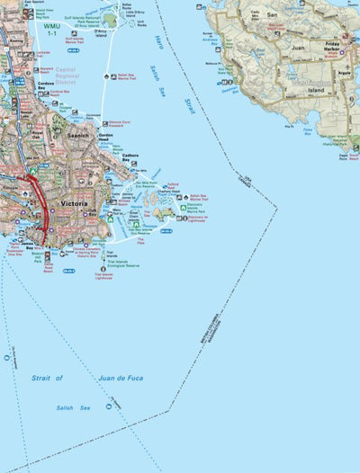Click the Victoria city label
[72, 204]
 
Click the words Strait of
[47, 379]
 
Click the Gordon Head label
[108, 138]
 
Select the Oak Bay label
[93, 212]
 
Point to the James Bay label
[23, 242]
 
